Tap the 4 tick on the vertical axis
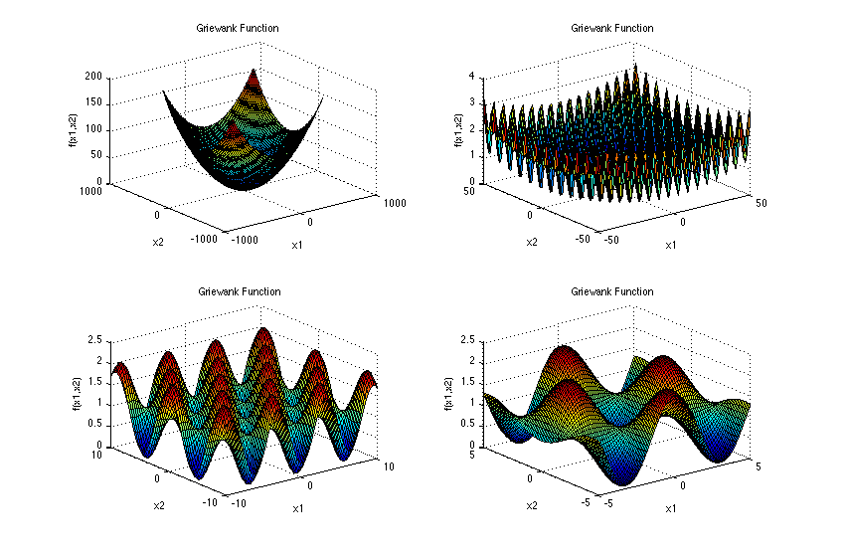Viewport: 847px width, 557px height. tap(474, 77)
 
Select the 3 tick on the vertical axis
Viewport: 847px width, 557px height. tap(474, 102)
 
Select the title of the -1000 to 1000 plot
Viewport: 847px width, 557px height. tap(239, 29)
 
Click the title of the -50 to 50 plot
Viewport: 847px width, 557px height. tap(612, 29)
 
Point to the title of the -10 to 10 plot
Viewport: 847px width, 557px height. tap(239, 291)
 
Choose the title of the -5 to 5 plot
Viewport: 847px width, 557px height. tap(612, 291)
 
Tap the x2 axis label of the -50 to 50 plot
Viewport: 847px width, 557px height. tap(532, 242)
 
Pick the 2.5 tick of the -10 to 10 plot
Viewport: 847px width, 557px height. tap(94, 339)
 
